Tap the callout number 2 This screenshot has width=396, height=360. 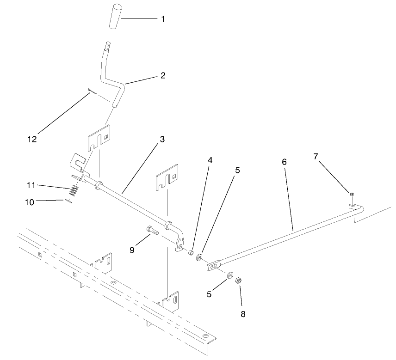point(162,74)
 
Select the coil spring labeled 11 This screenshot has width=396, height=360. point(74,190)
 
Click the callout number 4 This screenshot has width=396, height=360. point(210,160)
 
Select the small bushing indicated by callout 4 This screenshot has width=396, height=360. point(191,252)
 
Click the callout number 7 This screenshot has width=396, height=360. point(316,157)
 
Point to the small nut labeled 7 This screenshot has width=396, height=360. point(352,194)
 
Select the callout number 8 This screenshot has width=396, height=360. point(243,314)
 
